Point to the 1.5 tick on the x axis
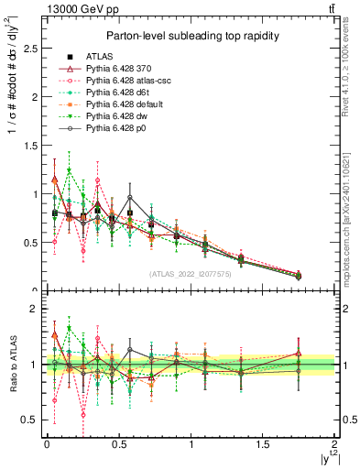(263, 444)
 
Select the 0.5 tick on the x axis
(118, 444)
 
